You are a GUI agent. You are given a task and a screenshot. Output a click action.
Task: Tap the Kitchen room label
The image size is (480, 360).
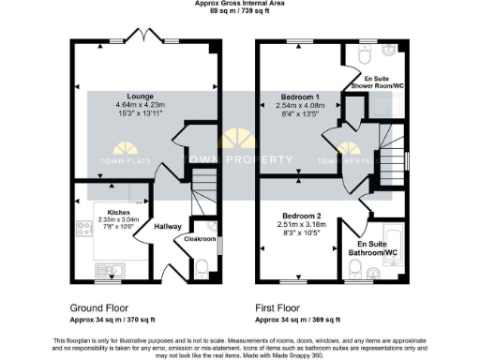coord(118,213)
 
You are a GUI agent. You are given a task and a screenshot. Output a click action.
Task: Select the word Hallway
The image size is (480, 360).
coord(168,227)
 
